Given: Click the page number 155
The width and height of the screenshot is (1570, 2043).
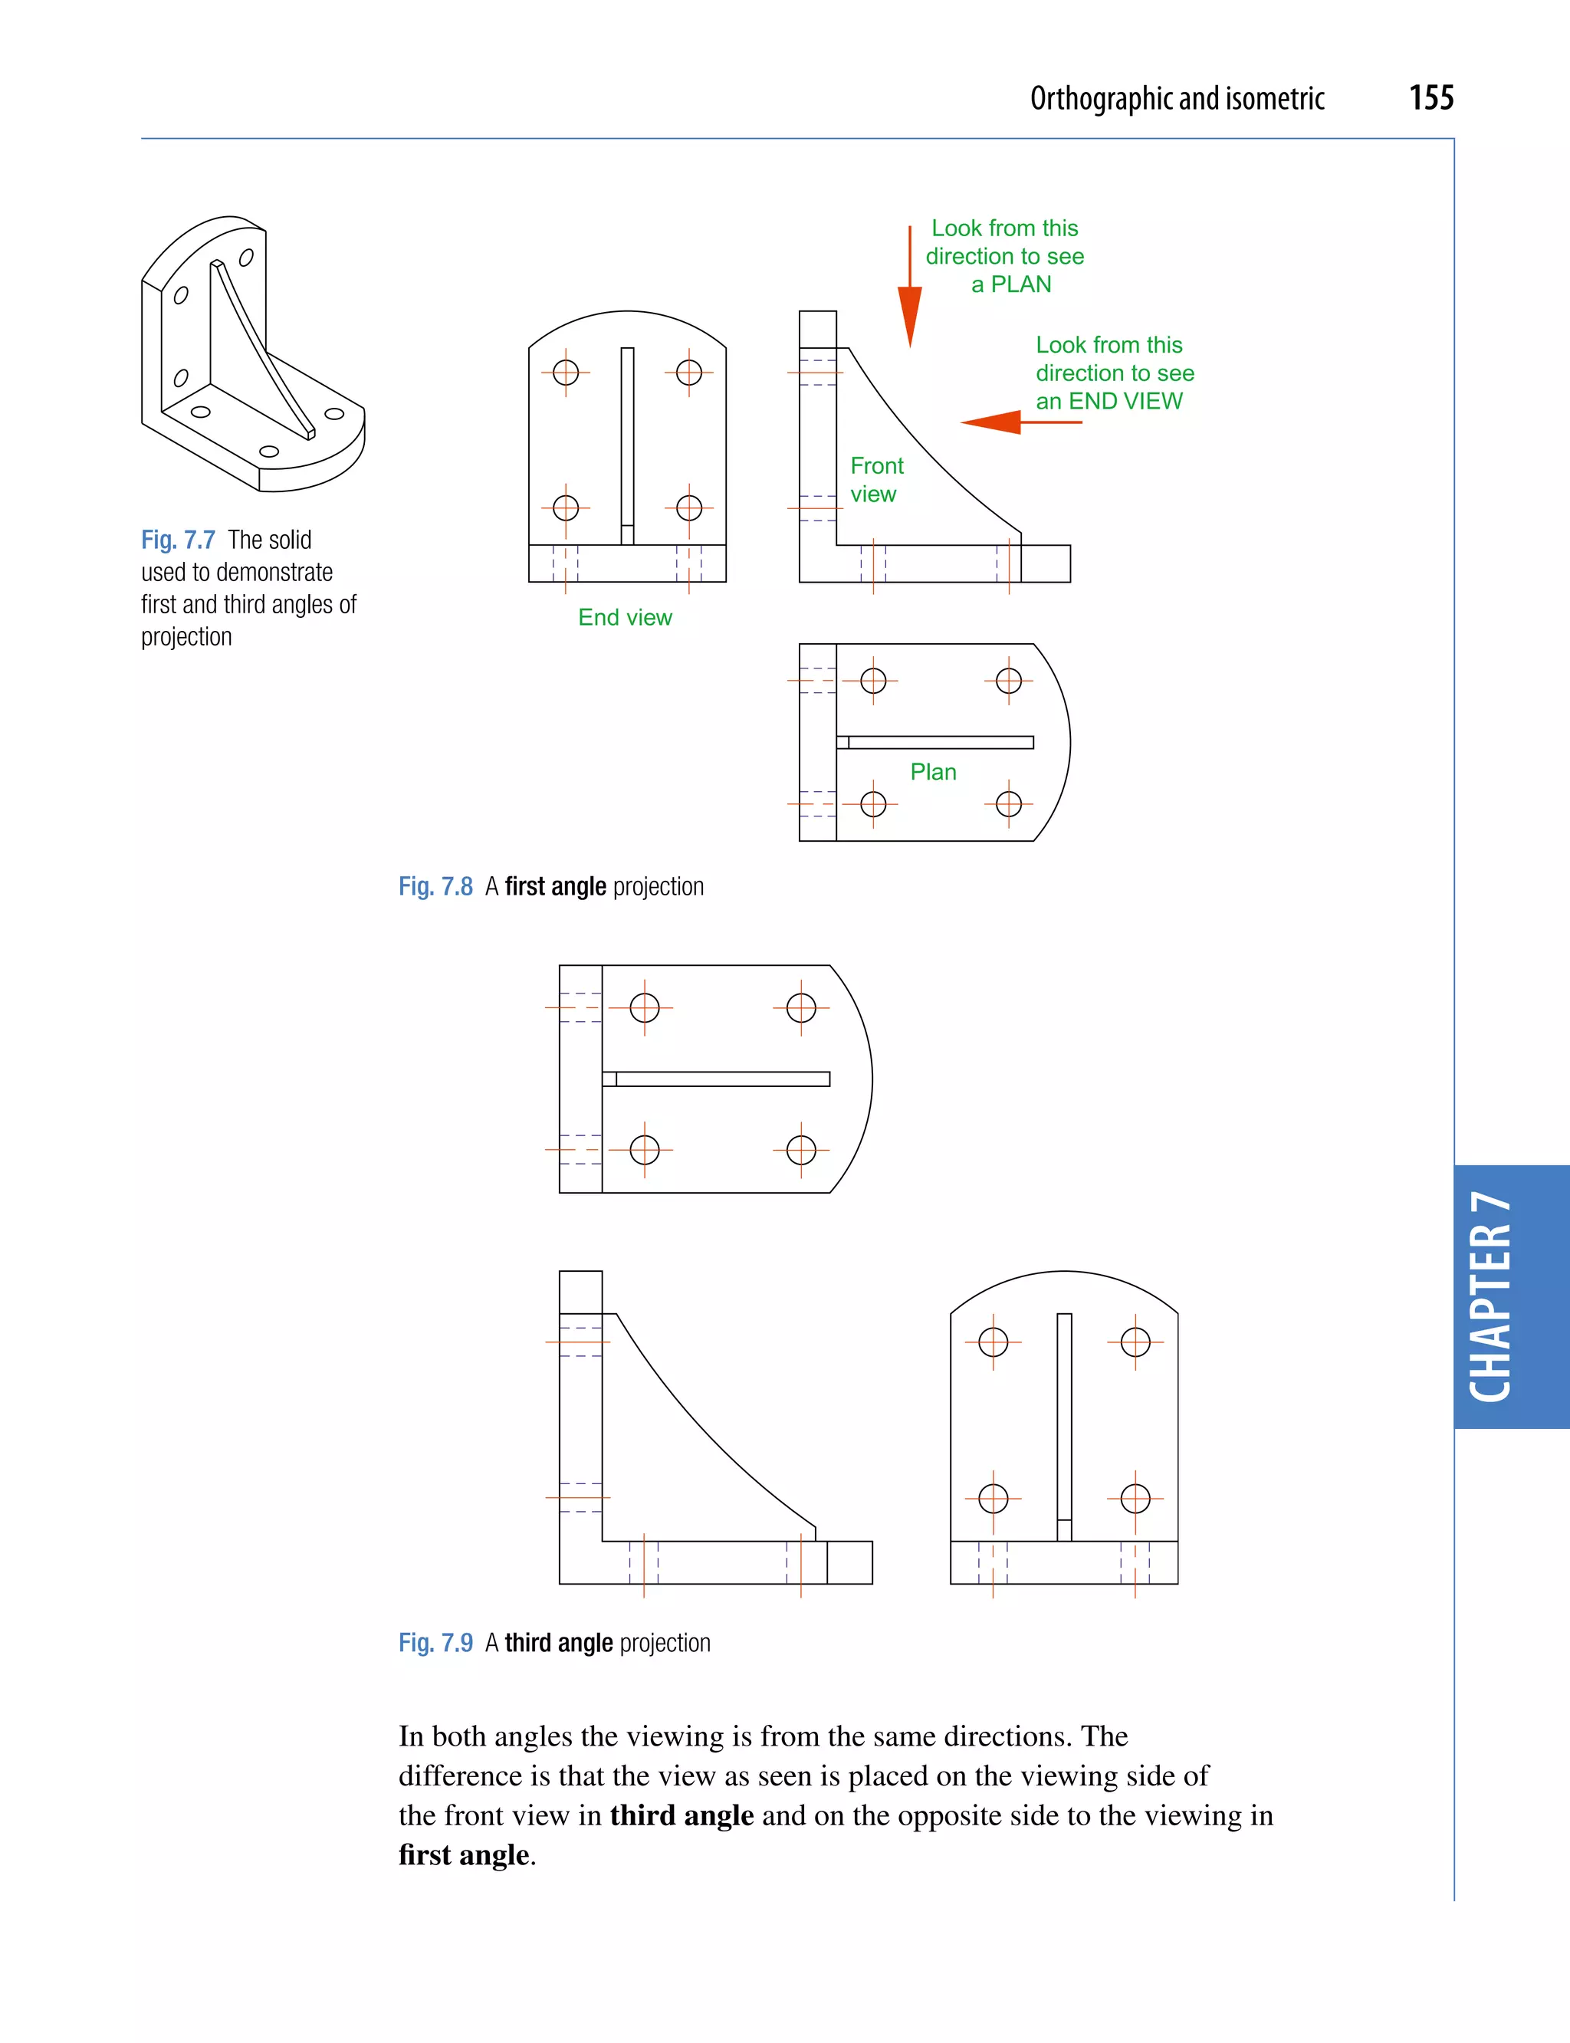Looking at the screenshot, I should point(1430,98).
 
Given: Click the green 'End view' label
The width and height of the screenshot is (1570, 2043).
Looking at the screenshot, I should point(624,618).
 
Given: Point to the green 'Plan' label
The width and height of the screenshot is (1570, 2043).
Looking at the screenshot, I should point(933,772).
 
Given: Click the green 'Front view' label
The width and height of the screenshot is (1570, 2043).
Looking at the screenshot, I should point(875,479).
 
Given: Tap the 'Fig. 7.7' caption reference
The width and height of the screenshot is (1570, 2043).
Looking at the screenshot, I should point(178,540).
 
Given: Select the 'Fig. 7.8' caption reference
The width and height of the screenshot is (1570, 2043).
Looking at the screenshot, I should point(435,886).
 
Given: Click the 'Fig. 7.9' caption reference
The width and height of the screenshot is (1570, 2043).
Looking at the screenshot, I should point(435,1642).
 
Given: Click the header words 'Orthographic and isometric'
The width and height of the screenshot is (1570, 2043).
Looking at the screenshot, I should point(1177,98).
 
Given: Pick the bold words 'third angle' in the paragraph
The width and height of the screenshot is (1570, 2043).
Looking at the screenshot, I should point(682,1815).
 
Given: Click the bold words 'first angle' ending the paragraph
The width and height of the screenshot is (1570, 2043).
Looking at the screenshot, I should point(464,1854).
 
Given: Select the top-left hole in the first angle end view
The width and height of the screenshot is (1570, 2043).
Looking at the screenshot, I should point(566,372).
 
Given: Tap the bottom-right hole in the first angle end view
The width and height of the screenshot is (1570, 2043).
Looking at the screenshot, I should point(688,507).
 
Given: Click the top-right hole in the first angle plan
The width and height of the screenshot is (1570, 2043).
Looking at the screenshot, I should point(1008,681).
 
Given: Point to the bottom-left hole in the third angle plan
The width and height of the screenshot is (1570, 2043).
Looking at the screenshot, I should point(644,1150).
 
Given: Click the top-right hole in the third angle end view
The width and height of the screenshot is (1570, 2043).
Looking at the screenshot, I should point(1135,1342).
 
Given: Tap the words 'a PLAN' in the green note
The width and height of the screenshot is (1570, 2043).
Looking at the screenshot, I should point(1010,284).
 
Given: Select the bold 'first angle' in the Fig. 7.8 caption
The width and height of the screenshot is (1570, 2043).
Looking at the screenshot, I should point(555,886).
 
